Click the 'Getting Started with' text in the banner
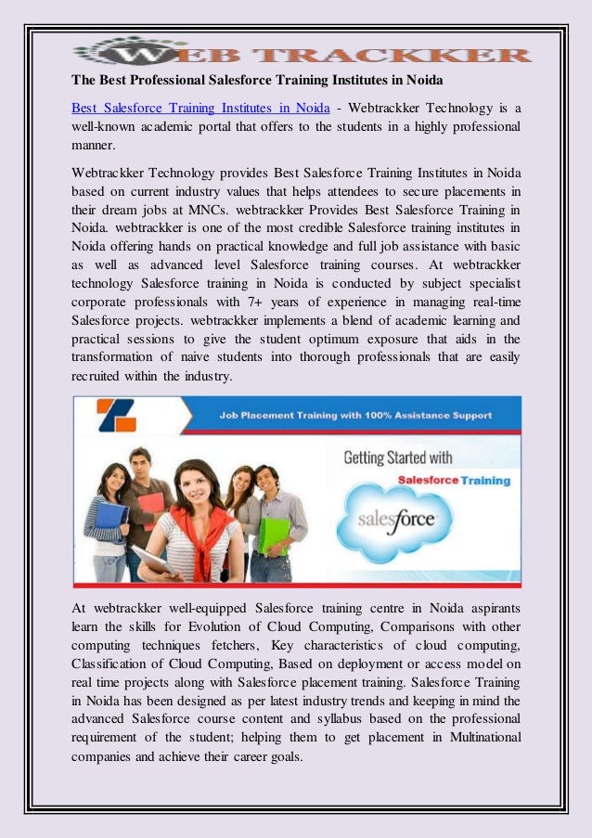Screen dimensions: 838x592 coord(398,458)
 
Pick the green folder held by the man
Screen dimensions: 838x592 coord(274,535)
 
